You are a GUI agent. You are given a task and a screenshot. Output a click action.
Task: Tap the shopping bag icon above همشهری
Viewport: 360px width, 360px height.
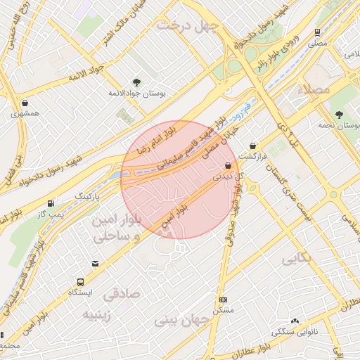(x=25, y=103)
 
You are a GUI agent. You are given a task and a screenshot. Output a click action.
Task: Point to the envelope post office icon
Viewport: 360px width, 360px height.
(x=95, y=264)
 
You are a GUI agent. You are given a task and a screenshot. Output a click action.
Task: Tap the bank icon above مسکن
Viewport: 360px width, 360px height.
(x=223, y=300)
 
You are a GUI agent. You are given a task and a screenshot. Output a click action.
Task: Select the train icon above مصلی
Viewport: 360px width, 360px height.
(x=317, y=32)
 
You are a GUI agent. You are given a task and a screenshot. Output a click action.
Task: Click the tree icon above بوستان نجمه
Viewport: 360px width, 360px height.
(x=339, y=115)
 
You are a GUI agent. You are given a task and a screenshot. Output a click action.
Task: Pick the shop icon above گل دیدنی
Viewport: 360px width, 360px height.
(x=227, y=166)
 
